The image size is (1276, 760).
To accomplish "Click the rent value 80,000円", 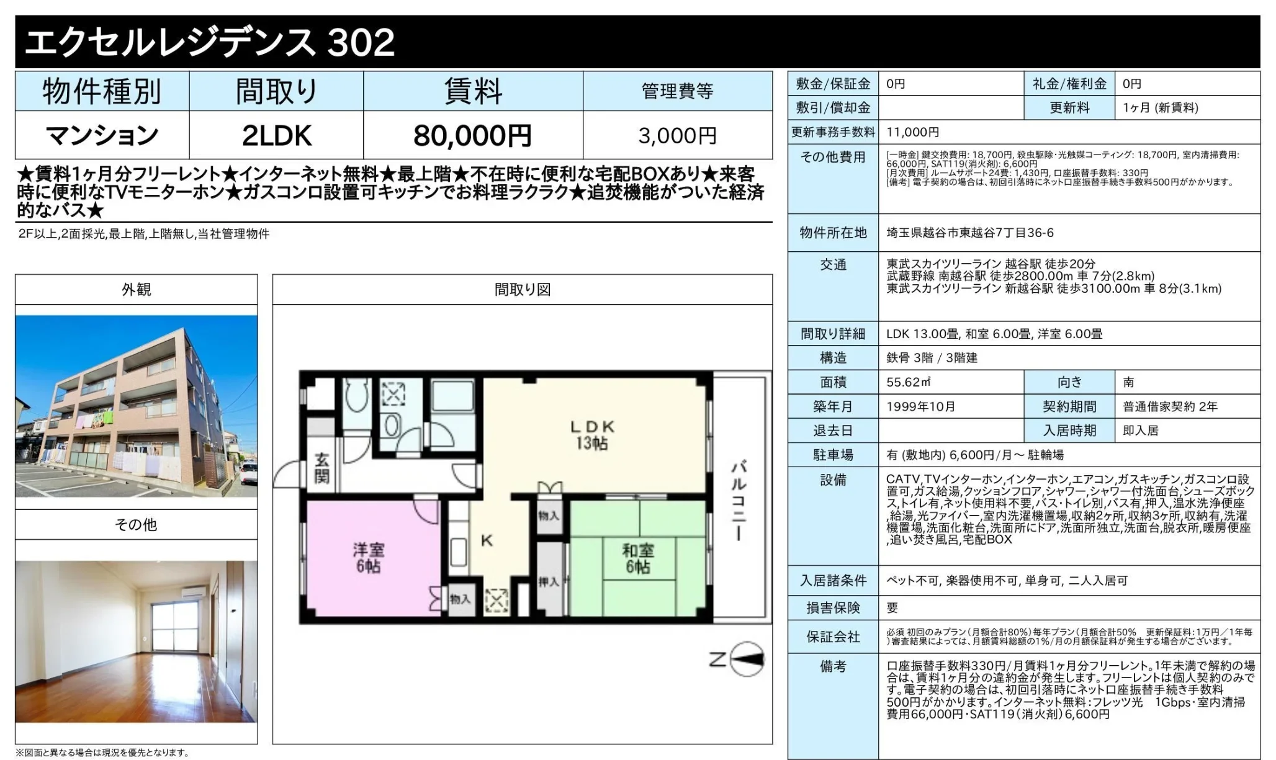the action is [472, 135].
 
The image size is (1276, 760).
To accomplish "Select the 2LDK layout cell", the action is [276, 135].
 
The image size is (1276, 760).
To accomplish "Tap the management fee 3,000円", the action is [677, 135].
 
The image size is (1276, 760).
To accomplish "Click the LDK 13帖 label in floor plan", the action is [592, 435].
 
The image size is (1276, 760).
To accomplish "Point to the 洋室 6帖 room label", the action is [368, 558].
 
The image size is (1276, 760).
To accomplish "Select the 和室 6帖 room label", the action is [638, 558].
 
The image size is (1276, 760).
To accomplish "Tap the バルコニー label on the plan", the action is [738, 500].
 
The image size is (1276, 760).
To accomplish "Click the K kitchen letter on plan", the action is [487, 540].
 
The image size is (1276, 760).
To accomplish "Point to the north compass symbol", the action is [747, 659].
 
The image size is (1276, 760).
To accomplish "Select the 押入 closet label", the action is [549, 582].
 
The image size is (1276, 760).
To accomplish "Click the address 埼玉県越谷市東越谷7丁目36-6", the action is [970, 233].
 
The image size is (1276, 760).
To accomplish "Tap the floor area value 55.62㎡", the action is [908, 382].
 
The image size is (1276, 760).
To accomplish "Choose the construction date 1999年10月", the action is [921, 406].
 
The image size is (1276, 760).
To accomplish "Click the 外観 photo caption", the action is [137, 289].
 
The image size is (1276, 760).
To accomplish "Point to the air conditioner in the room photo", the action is [194, 593].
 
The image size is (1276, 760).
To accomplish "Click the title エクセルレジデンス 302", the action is [210, 42].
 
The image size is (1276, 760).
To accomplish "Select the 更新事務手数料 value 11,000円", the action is [912, 132].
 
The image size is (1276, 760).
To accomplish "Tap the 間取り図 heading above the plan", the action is [523, 289].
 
